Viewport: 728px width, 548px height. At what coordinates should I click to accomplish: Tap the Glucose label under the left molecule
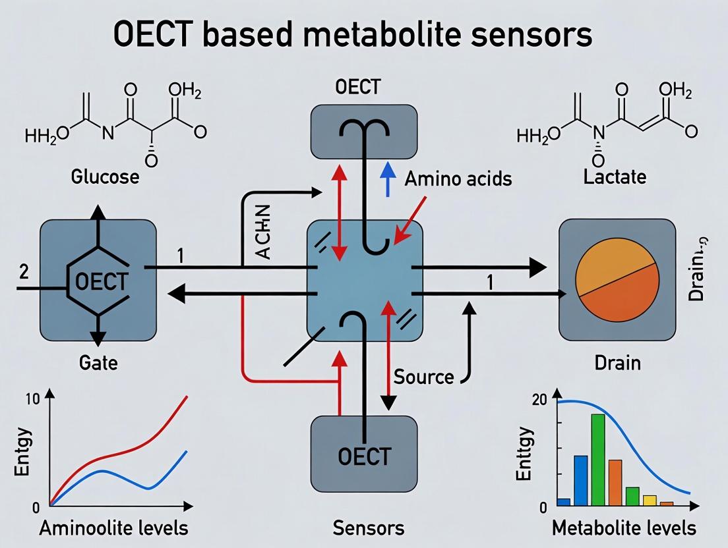point(105,177)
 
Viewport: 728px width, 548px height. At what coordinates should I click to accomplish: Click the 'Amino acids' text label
point(458,178)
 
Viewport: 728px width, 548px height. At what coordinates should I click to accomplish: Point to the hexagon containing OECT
point(99,282)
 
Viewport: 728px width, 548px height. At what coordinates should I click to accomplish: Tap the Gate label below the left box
point(98,362)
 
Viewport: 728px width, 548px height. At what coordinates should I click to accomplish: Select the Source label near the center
point(423,377)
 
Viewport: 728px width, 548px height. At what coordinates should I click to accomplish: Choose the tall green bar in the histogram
point(598,459)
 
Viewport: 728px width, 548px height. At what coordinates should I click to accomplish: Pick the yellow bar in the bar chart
point(650,500)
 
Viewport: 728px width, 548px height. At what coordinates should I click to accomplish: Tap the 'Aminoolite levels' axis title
point(113,528)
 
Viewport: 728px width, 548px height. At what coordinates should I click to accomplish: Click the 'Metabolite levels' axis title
point(623,528)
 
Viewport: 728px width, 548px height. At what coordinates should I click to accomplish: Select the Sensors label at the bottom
point(368,528)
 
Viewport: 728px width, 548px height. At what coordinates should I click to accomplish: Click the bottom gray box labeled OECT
point(363,454)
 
